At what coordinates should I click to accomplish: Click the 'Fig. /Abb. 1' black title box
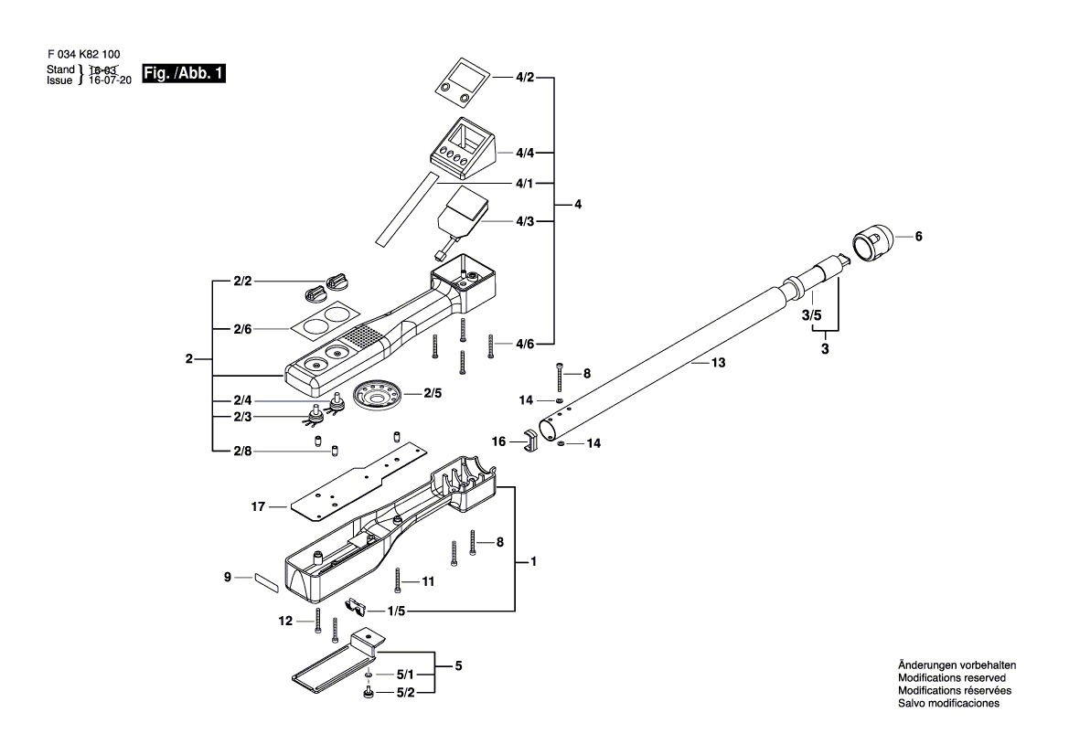click(184, 74)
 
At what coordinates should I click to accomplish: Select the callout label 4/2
click(524, 79)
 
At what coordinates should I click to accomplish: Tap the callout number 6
click(918, 237)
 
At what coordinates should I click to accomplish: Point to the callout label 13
click(718, 363)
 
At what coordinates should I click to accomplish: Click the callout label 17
click(258, 505)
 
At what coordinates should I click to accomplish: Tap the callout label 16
click(499, 441)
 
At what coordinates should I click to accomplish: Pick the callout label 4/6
click(524, 344)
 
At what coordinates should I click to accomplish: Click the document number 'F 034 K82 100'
click(82, 56)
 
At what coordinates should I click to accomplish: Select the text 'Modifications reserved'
click(951, 678)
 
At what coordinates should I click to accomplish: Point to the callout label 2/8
click(241, 450)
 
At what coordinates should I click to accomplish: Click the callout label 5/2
click(404, 695)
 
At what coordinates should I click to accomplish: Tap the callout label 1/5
click(396, 611)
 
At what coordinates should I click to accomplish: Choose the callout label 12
click(285, 621)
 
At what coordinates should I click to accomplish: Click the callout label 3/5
click(811, 316)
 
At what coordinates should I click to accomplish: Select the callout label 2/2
click(241, 282)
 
